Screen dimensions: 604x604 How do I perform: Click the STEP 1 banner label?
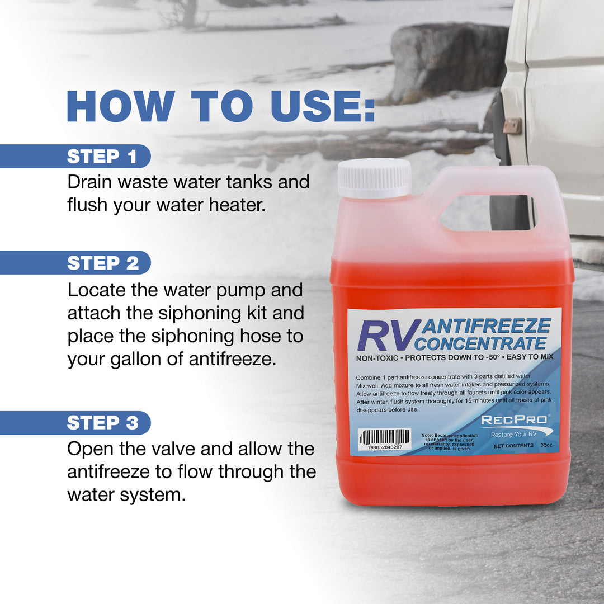102,157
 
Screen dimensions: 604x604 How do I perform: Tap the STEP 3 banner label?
102,423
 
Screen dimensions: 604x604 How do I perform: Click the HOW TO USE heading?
220,106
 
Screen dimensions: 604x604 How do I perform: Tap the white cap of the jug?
374,178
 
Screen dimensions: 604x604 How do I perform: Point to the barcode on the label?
385,437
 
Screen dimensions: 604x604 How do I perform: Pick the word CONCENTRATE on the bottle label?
484,342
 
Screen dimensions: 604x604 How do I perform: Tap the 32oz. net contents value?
546,446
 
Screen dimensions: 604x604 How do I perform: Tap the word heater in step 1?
235,205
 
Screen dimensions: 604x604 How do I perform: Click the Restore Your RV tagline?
513,435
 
